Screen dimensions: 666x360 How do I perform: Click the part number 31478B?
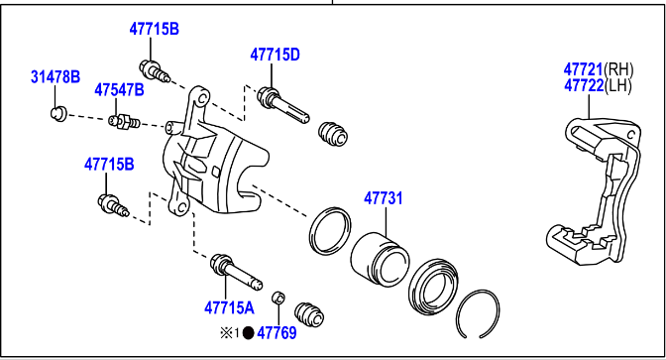55,77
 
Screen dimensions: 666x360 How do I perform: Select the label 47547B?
119,90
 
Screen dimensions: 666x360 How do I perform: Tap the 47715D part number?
275,55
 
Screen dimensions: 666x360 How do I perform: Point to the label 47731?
384,198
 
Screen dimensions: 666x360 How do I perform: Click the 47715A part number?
229,307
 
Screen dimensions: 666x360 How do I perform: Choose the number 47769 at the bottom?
277,333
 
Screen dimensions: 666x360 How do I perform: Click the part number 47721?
583,69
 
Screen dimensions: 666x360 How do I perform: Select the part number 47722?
584,86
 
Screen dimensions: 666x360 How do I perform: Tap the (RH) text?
618,69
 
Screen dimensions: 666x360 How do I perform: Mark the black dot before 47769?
248,333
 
